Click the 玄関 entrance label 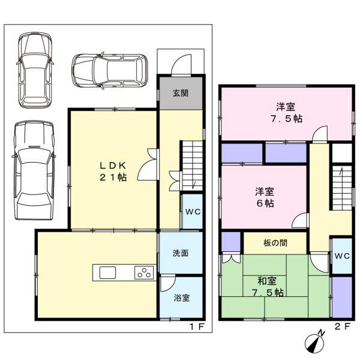[x=181, y=93]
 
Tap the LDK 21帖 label [x=113, y=171]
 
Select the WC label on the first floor [x=193, y=212]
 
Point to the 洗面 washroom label [x=181, y=253]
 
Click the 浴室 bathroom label [x=181, y=298]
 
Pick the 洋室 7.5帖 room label [x=286, y=113]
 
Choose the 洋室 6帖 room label [x=265, y=197]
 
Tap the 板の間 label [x=275, y=243]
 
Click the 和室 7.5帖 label [x=268, y=287]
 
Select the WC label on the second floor [x=342, y=256]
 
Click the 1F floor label [x=197, y=326]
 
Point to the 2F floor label [x=343, y=326]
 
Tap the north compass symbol [x=315, y=341]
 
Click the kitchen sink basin [x=107, y=272]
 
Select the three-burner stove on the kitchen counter [x=144, y=272]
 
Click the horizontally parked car [x=110, y=70]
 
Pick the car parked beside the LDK [x=34, y=170]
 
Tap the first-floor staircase [x=192, y=166]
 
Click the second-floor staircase [x=342, y=188]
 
